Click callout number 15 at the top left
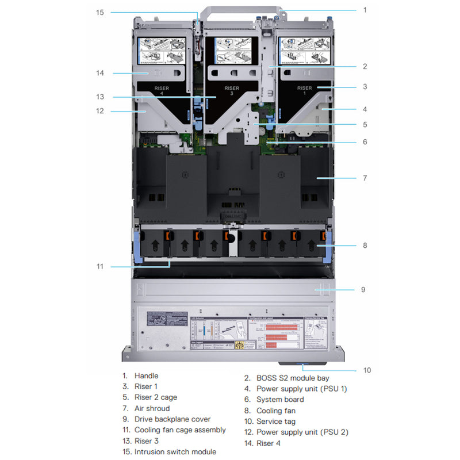99,11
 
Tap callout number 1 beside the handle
365,10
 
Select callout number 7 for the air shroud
365,178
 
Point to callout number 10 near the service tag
366,370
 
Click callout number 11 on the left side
99,266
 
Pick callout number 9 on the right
363,289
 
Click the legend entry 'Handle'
146,376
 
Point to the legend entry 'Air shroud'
152,408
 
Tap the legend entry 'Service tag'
276,421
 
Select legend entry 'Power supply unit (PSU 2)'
302,432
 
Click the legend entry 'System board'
280,400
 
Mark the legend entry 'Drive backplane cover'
172,419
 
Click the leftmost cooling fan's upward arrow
155,246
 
